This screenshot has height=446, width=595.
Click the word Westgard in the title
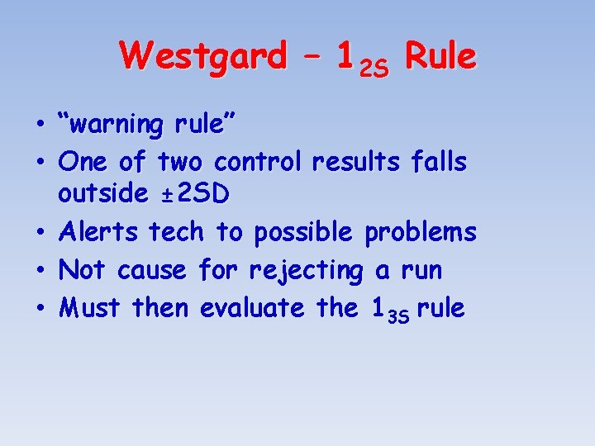coord(202,57)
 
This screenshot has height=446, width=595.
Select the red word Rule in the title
coord(441,57)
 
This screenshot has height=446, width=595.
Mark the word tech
coord(176,233)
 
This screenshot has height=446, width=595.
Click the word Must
coord(91,308)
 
